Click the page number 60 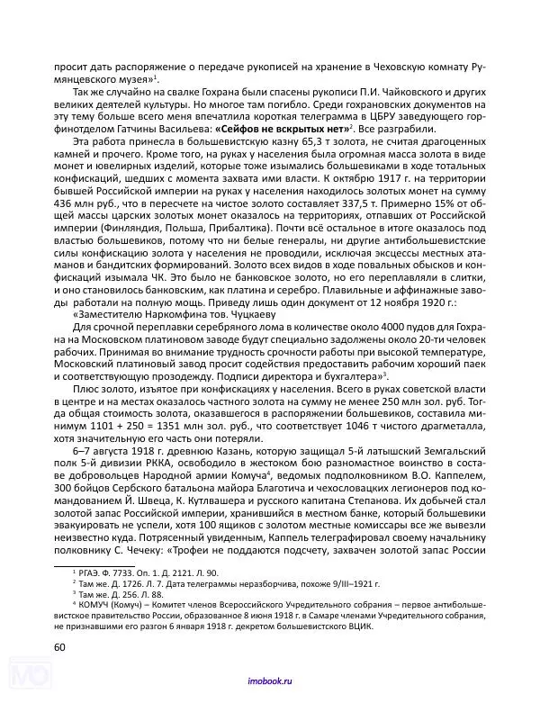tap(59, 647)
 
